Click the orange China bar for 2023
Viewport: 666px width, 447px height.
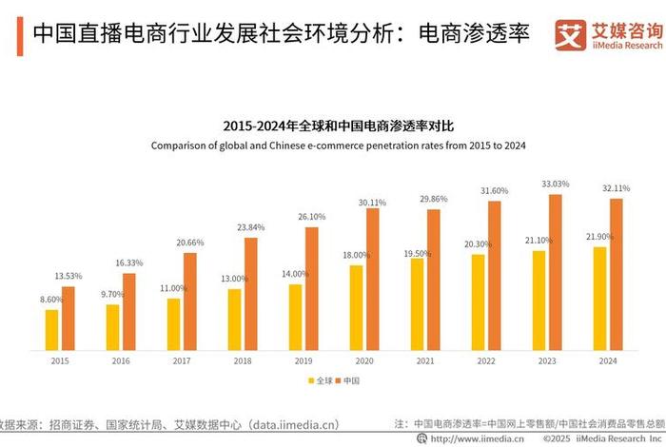(556, 272)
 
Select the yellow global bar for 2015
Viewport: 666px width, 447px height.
(51, 329)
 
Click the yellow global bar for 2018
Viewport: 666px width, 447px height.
(234, 319)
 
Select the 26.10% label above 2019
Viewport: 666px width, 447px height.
(311, 217)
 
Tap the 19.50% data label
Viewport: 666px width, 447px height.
(417, 242)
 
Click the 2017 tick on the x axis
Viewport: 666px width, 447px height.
(182, 361)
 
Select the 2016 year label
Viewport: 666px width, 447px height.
(121, 361)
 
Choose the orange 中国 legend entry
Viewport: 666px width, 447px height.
(349, 380)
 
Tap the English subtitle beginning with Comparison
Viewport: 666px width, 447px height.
(338, 146)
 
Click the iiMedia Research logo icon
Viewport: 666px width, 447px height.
(571, 34)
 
